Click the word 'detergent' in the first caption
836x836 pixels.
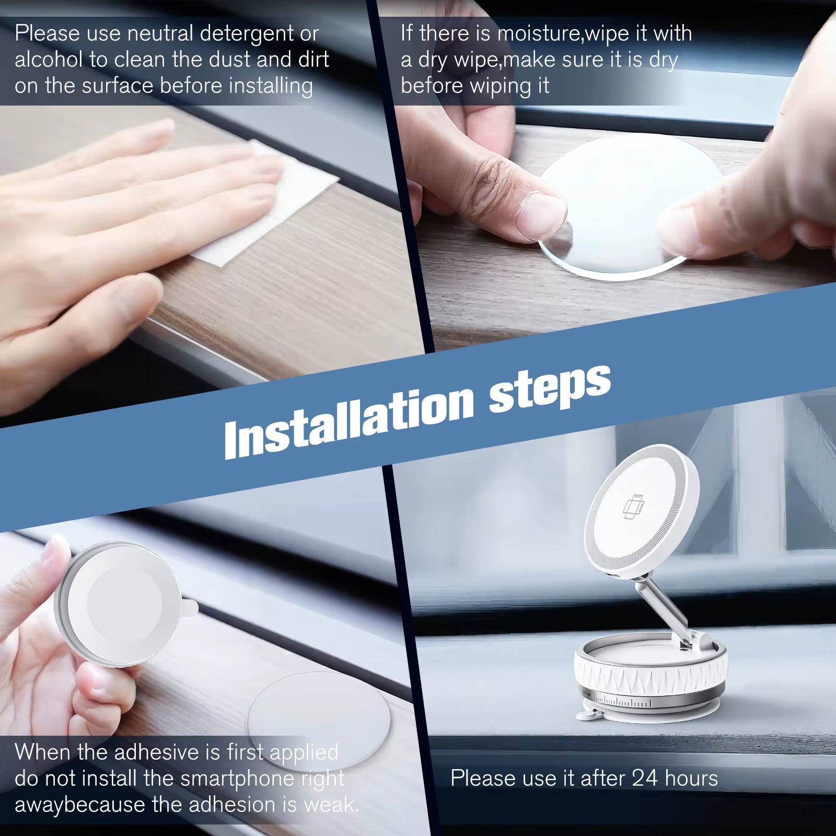[248, 34]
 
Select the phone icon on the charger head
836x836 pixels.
[634, 507]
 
